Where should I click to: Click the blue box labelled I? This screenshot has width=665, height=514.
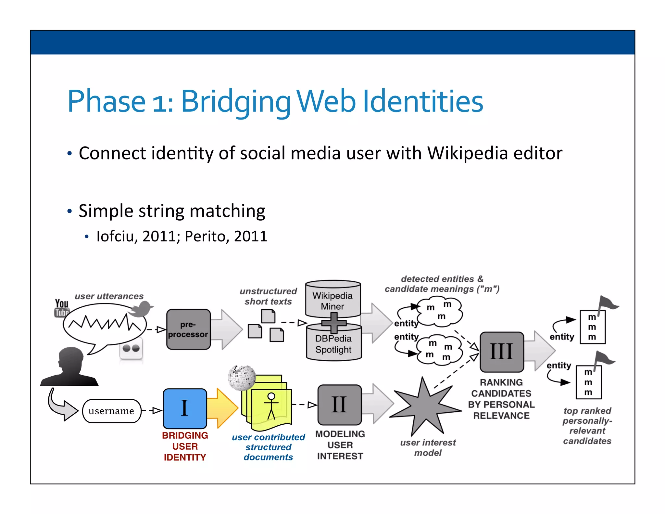pyautogui.click(x=185, y=408)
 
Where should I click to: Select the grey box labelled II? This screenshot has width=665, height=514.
pyautogui.click(x=339, y=405)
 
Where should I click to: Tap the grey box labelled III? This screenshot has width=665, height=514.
pyautogui.click(x=502, y=352)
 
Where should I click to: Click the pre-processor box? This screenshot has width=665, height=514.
pyautogui.click(x=188, y=329)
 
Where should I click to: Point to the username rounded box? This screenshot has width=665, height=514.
pyautogui.click(x=111, y=411)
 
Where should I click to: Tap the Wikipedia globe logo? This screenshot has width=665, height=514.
pyautogui.click(x=242, y=377)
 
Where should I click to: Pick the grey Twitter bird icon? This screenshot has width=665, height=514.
pyautogui.click(x=141, y=308)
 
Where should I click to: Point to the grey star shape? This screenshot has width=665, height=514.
pyautogui.click(x=426, y=408)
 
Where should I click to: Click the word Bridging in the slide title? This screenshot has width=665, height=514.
pyautogui.click(x=235, y=101)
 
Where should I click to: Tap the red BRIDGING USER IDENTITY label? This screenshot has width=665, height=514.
pyautogui.click(x=185, y=446)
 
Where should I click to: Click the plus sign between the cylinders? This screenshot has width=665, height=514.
pyautogui.click(x=333, y=323)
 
